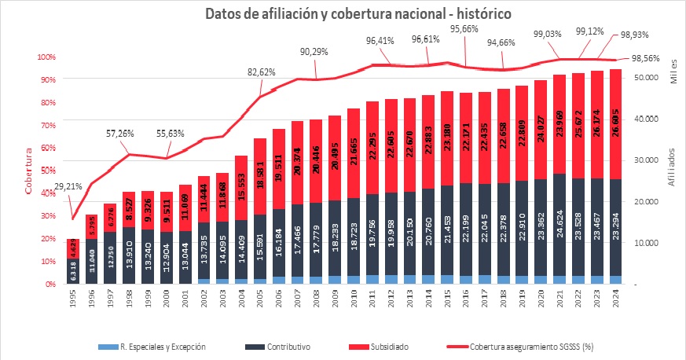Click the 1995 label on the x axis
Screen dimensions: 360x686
pyautogui.click(x=73, y=299)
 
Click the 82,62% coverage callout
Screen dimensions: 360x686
pyautogui.click(x=264, y=72)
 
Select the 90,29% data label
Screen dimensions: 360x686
pyautogui.click(x=315, y=51)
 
